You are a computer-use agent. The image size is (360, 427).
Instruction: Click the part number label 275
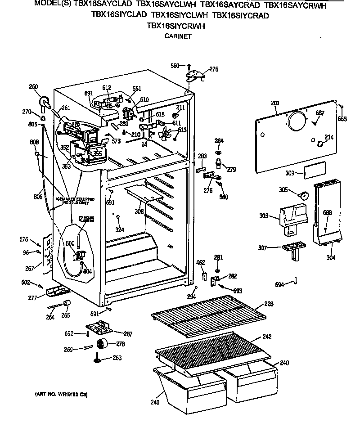214,69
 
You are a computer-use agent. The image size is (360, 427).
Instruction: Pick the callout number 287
128,333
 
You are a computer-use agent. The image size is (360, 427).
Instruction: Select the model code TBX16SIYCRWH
176,26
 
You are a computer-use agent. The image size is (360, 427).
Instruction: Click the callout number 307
263,247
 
